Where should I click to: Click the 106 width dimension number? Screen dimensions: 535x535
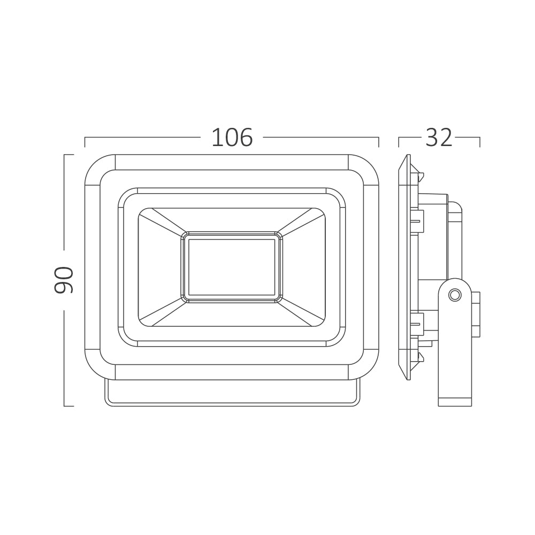[232, 138]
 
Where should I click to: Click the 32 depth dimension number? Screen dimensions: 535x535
[439, 138]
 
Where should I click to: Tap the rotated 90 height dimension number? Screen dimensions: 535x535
[64, 279]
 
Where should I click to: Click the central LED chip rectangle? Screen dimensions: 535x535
[232, 267]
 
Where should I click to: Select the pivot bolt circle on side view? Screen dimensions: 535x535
[455, 295]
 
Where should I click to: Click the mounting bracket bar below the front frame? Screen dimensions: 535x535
[232, 393]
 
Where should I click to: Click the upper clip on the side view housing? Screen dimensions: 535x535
[417, 222]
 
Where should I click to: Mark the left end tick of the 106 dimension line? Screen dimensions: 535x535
[85, 142]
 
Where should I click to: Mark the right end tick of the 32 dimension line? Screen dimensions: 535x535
[479, 142]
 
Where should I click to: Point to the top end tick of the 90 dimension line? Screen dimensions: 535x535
[68, 155]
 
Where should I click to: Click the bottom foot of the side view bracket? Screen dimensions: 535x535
[455, 402]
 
